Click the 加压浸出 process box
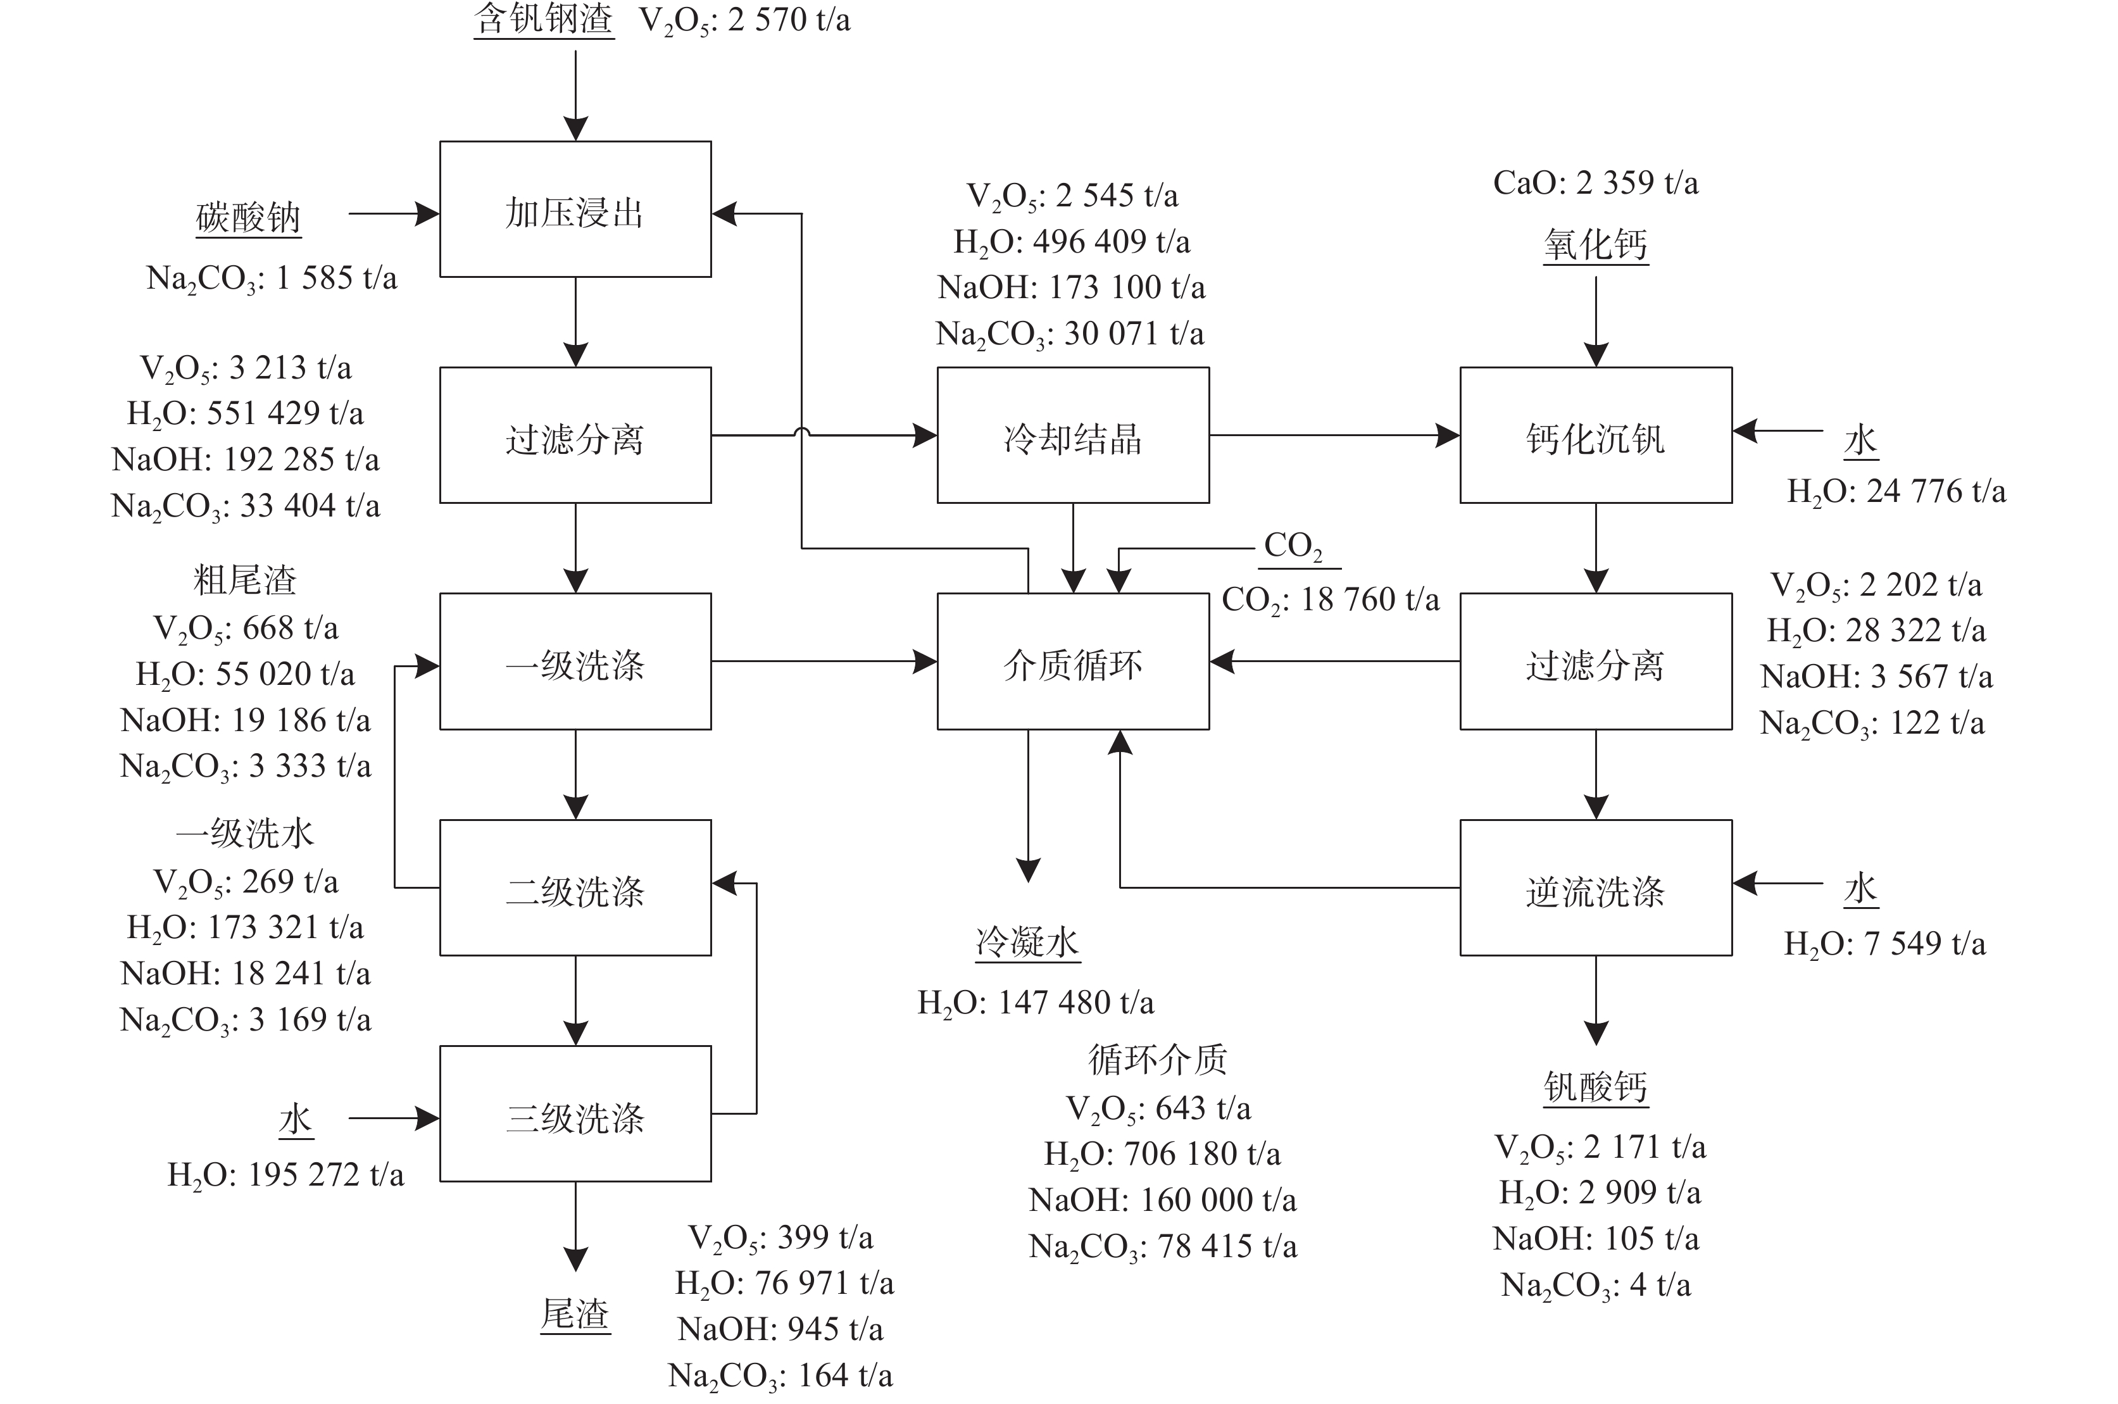click(x=575, y=210)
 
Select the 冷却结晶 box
click(x=1072, y=436)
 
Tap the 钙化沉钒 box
click(x=1595, y=436)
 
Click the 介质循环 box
click(x=1072, y=663)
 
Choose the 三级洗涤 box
click(x=575, y=1115)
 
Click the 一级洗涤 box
click(x=575, y=663)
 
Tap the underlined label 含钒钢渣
click(x=543, y=20)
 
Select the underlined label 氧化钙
click(x=1595, y=244)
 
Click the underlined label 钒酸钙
click(x=1595, y=1087)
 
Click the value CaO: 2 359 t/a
click(x=1595, y=183)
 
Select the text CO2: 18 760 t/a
click(x=1331, y=599)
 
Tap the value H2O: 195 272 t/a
click(x=285, y=1174)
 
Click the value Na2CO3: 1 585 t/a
click(x=272, y=278)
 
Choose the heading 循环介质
click(x=1158, y=1059)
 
